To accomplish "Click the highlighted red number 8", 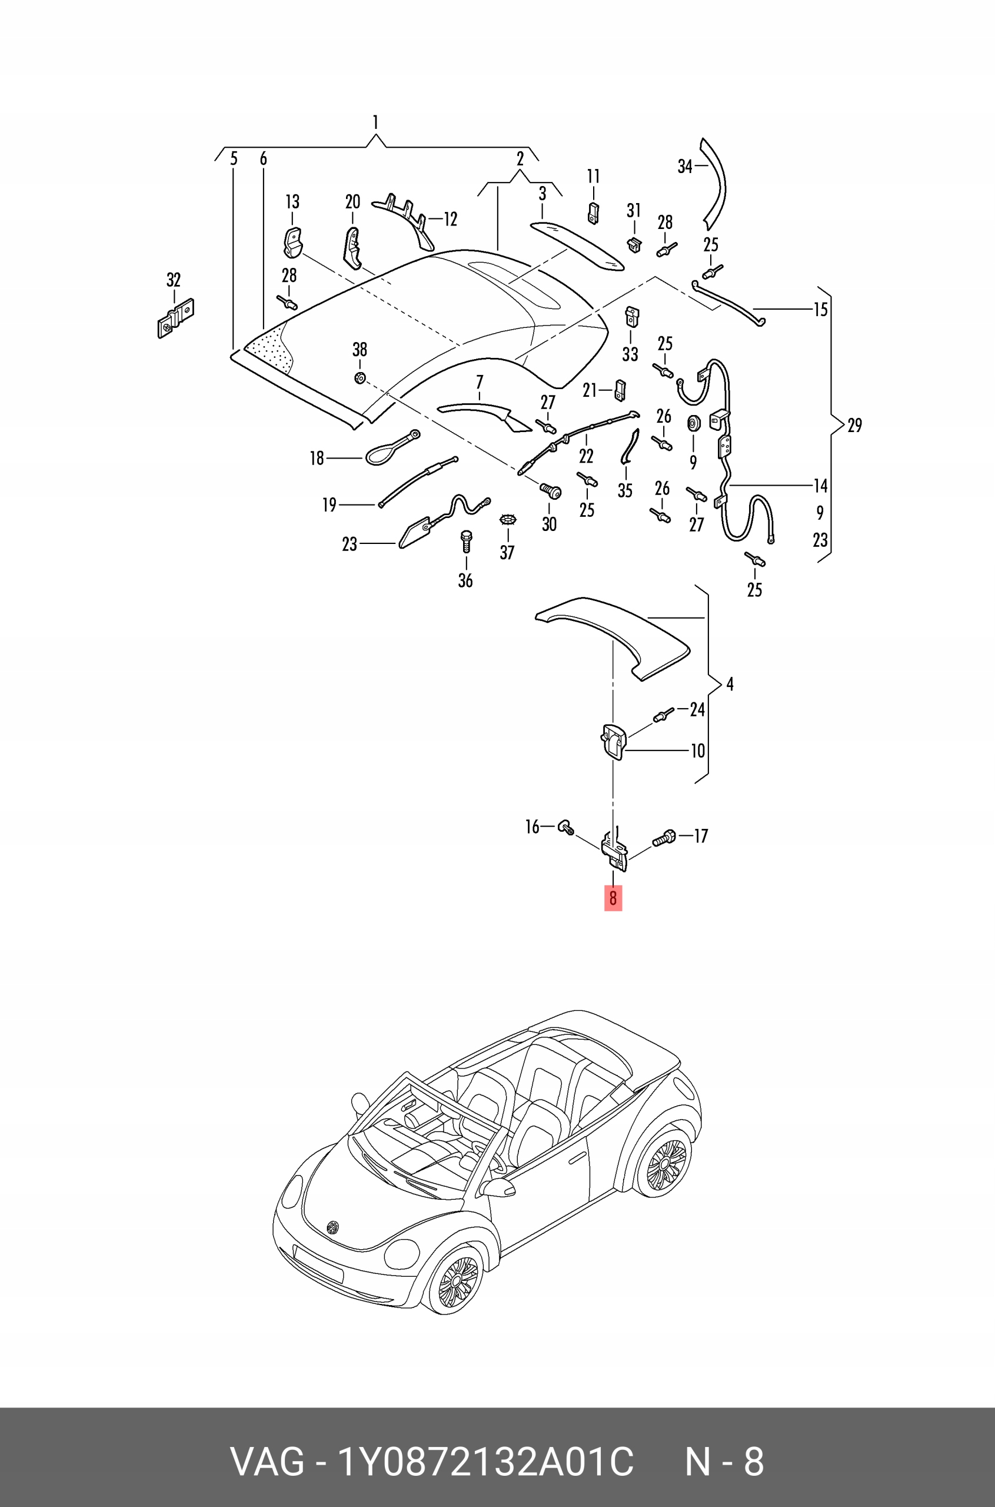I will pos(613,898).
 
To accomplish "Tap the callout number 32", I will pos(173,280).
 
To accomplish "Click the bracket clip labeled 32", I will pos(175,317).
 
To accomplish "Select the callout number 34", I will pos(685,167).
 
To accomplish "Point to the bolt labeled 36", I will pos(467,542).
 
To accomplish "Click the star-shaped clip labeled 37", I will pos(507,520).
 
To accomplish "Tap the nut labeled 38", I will pos(359,379).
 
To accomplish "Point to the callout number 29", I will pos(854,425).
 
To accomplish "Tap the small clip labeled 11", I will pos(593,213).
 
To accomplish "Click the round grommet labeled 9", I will pos(693,423).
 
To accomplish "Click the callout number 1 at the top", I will pos(375,122).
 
